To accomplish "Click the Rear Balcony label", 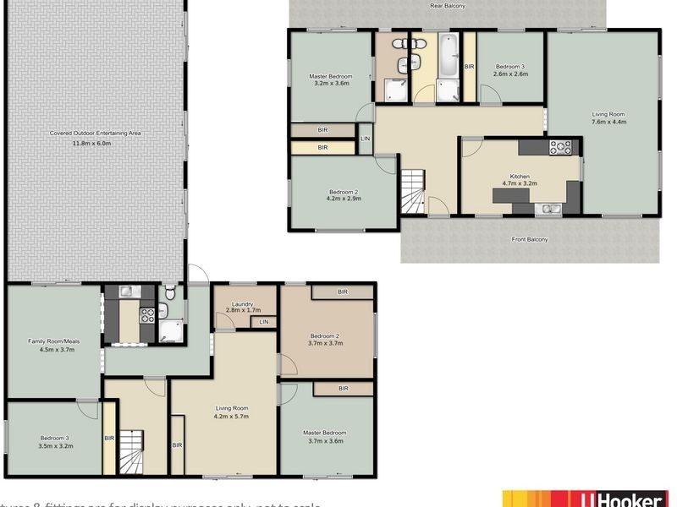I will [448, 6].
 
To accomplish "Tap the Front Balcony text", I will [530, 239].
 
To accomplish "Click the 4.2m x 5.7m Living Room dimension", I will [230, 417].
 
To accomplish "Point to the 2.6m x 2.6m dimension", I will [511, 74].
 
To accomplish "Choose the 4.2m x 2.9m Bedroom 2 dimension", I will [344, 199].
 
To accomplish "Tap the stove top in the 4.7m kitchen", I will [561, 148].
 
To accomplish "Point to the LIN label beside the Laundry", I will [264, 322].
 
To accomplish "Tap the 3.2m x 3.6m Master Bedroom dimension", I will [331, 83].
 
